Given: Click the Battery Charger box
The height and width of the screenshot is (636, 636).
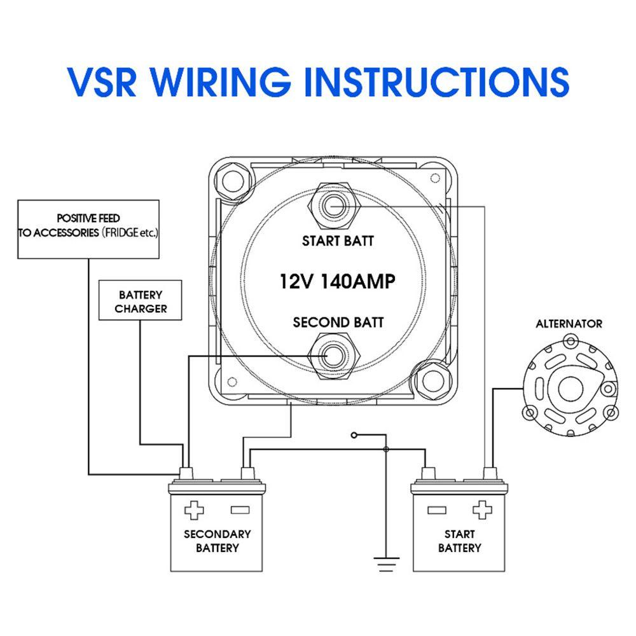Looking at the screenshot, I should coord(141,302).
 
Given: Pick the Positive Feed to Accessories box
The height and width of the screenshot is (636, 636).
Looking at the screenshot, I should coord(88,228).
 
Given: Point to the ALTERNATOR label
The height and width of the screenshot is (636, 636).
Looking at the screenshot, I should coord(569,324).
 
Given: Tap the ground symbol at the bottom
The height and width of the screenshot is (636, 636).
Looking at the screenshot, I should coord(386,563).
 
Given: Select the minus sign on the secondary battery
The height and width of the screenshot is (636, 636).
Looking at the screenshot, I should coord(240,510).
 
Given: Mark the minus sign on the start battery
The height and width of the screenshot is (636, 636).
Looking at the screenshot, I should coord(436,510).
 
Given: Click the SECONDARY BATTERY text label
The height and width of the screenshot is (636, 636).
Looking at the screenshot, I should coord(217,541).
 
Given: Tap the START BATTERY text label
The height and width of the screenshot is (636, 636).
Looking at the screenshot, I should coord(459,541).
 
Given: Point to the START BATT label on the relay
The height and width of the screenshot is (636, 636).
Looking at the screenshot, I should coord(338,241).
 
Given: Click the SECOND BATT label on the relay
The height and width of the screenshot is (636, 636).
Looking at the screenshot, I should coord(338,322).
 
